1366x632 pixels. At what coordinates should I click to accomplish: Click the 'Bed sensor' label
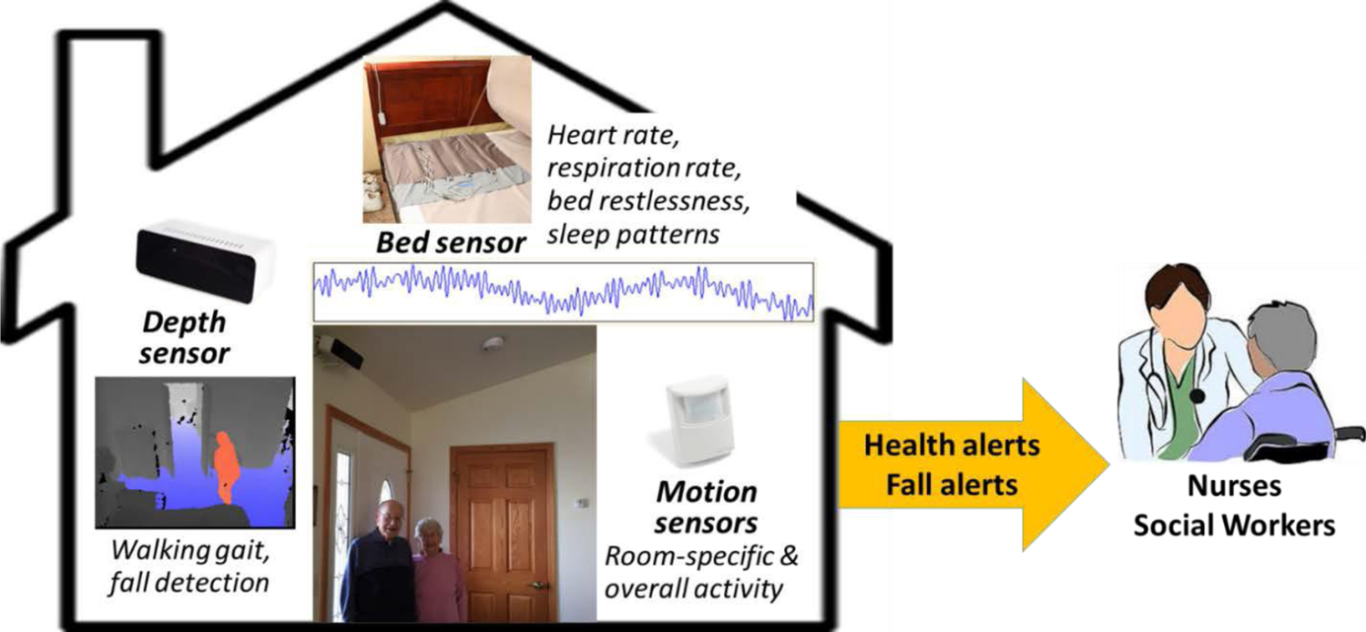(451, 243)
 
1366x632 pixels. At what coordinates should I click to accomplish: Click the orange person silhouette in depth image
(225, 467)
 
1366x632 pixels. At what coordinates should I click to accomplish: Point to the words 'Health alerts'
(952, 445)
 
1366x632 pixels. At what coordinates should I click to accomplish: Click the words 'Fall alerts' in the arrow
(952, 485)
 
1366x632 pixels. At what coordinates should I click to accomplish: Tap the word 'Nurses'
(1234, 486)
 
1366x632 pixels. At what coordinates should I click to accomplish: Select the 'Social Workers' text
(1234, 525)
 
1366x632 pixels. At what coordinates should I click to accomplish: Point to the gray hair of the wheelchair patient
(1278, 332)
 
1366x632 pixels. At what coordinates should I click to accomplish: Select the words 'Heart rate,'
(614, 136)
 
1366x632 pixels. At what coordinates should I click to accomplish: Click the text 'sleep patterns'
(633, 235)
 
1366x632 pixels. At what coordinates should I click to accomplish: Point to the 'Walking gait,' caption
(190, 551)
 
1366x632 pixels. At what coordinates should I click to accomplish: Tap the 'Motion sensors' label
(706, 507)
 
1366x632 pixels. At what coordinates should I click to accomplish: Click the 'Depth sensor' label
(184, 338)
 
